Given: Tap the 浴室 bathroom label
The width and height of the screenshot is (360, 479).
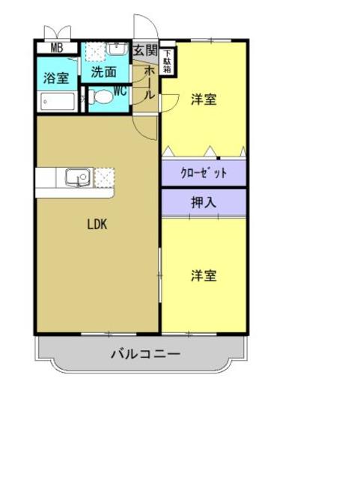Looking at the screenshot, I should (x=55, y=76).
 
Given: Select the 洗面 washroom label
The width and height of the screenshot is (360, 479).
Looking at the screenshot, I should (x=104, y=73).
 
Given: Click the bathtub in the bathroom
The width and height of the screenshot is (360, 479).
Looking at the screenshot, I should (x=57, y=101).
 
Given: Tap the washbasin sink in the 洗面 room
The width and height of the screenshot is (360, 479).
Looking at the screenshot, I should (x=118, y=49).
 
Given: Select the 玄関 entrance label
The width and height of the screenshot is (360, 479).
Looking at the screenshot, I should (x=145, y=51).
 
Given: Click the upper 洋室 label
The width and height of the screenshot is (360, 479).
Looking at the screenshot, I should (x=204, y=100).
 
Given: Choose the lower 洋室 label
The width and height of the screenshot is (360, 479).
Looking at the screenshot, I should (x=204, y=276).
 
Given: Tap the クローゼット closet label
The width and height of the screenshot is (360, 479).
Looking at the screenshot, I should (x=204, y=174).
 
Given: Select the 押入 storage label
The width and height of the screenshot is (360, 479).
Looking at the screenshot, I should (x=204, y=201).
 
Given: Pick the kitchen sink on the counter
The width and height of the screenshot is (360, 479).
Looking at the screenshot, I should (x=77, y=177).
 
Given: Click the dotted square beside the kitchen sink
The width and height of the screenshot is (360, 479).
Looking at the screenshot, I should (x=103, y=177).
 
